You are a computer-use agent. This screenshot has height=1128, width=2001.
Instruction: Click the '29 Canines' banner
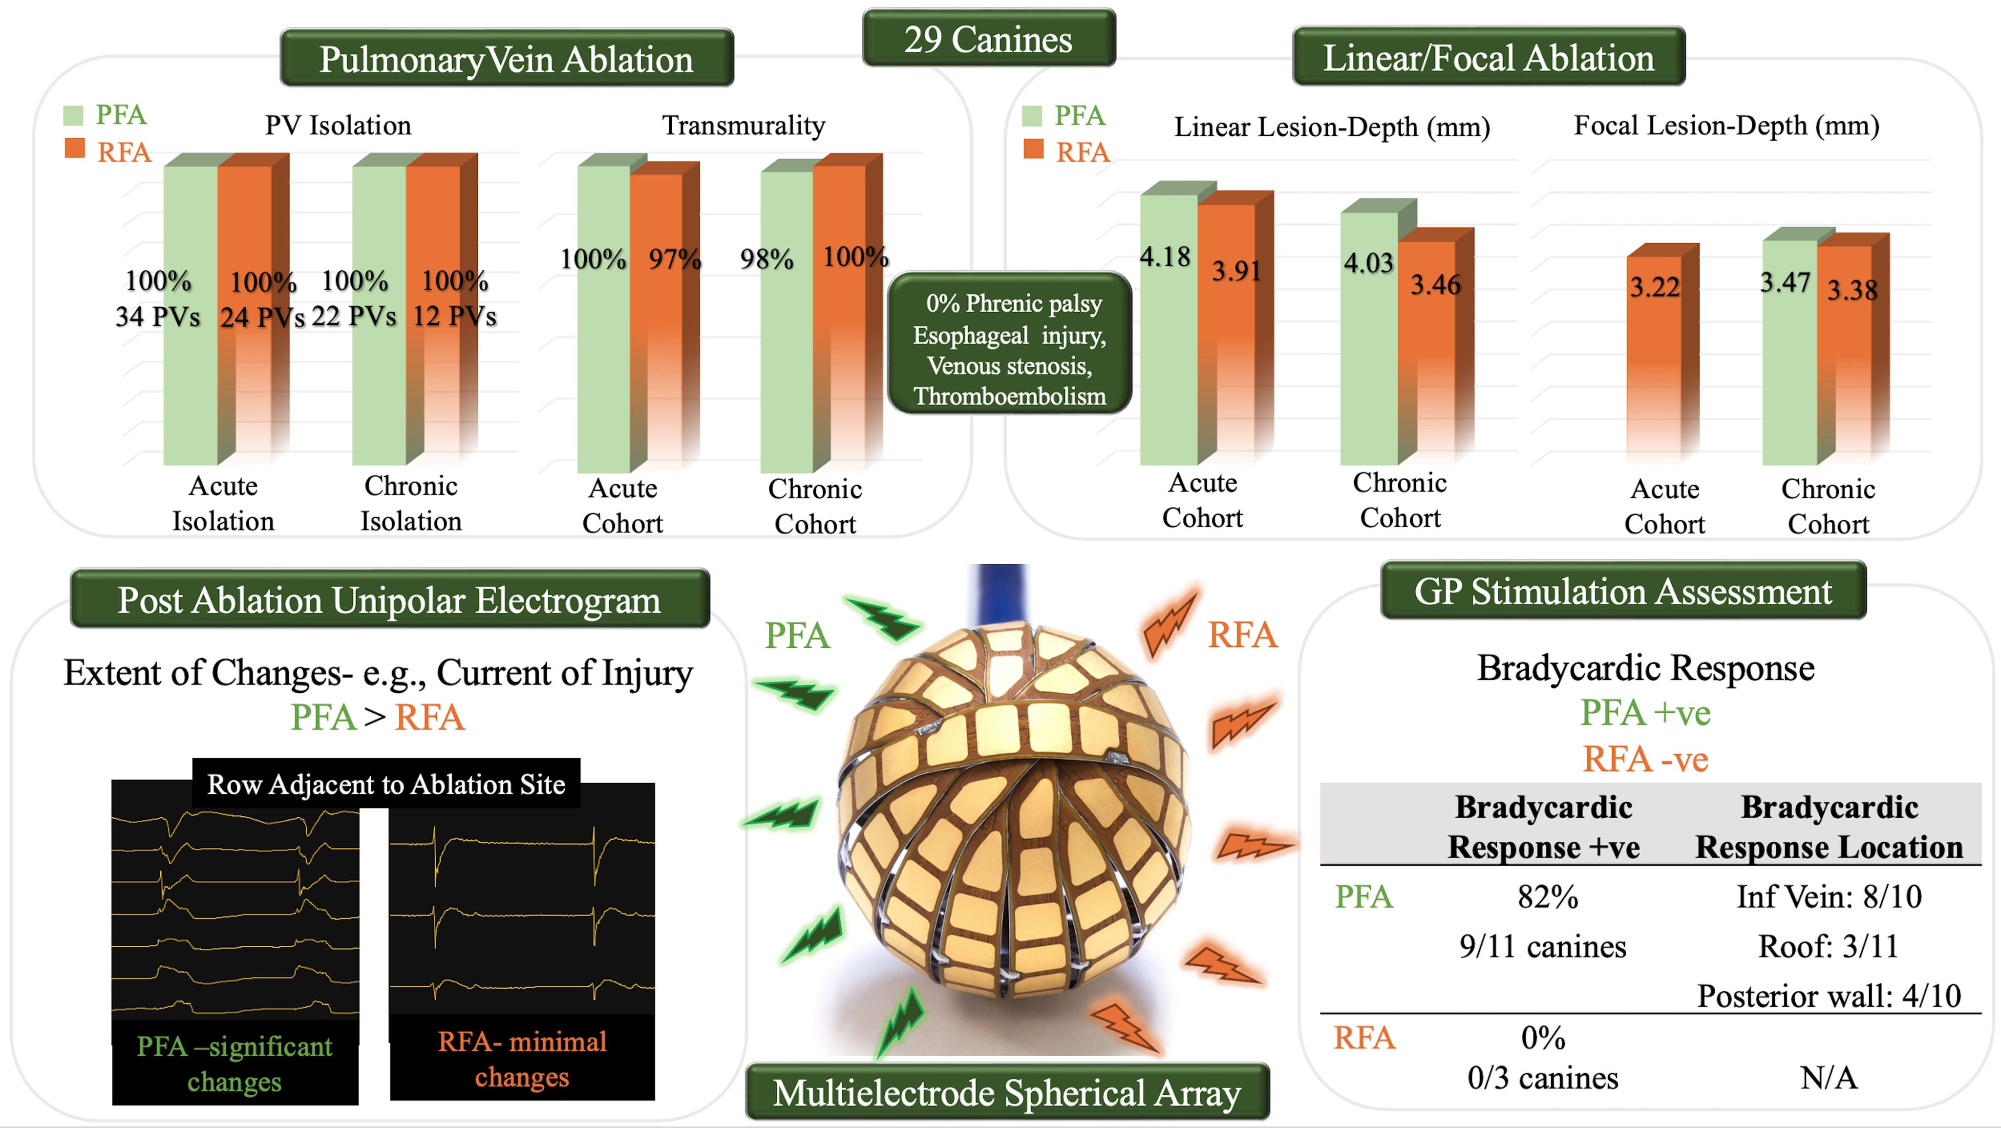point(988,39)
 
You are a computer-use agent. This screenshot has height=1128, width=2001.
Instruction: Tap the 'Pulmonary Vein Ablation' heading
point(507,59)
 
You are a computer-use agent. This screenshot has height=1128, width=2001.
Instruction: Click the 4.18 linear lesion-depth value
point(1165,256)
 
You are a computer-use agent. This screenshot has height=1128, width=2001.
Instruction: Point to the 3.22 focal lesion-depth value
point(1655,287)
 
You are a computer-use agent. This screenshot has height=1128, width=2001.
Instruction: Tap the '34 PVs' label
point(158,316)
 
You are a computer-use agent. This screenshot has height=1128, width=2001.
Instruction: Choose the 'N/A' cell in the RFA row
point(1829,1078)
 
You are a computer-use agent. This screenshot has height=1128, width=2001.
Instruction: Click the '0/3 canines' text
point(1543,1078)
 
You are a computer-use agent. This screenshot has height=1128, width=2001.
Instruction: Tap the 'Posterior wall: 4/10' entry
point(1829,995)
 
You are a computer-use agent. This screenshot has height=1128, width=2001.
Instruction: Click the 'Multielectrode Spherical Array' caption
point(1007,1092)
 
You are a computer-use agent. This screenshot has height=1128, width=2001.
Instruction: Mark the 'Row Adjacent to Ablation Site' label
point(386,784)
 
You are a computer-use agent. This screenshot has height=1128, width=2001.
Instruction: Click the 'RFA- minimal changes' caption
point(522,1059)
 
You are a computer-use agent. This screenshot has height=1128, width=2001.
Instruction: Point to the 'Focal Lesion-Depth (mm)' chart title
point(1726,125)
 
